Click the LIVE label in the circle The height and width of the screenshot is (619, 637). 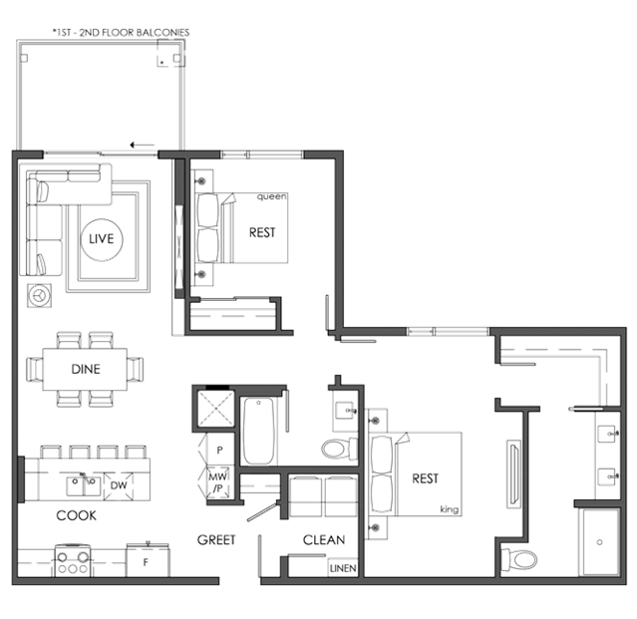[x=101, y=239]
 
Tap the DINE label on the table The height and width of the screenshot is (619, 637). [x=86, y=369]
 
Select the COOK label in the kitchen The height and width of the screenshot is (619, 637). [x=77, y=515]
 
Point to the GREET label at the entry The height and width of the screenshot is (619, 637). [x=216, y=540]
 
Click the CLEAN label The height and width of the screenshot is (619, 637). [x=324, y=540]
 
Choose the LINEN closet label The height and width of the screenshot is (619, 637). [x=343, y=568]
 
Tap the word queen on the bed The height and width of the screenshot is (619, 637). [x=272, y=196]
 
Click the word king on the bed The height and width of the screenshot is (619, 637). [x=450, y=509]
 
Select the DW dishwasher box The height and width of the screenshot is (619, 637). [x=119, y=485]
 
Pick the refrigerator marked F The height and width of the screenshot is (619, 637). [x=148, y=560]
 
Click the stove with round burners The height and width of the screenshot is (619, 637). [x=73, y=560]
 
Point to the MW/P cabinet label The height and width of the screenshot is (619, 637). [x=218, y=482]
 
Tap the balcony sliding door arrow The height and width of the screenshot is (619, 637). [x=143, y=145]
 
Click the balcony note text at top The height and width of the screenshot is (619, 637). [x=121, y=33]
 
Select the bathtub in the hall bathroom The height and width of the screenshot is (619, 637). [x=259, y=431]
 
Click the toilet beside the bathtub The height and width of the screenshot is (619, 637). [x=339, y=449]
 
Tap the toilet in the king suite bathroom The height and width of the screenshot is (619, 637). [x=518, y=560]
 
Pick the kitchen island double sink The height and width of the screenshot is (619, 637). [x=84, y=485]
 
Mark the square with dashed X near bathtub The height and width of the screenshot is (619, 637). [x=215, y=409]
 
